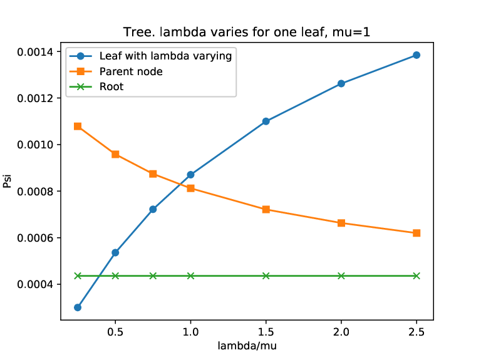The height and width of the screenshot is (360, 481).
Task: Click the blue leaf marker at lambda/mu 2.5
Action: (x=416, y=55)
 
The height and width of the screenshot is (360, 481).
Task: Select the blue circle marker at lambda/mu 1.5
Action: (x=266, y=121)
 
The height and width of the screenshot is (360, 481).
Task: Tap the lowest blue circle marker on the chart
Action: (x=78, y=307)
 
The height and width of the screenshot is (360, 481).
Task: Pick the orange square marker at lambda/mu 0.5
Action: (x=115, y=154)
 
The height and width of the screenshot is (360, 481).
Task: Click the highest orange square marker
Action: (x=78, y=126)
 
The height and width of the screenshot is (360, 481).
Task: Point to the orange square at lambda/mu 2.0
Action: (x=341, y=223)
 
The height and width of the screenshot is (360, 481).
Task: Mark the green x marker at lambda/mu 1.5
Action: (x=266, y=275)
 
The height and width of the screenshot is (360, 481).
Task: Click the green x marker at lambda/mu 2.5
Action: (x=416, y=275)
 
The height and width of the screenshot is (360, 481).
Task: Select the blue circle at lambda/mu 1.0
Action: (x=190, y=175)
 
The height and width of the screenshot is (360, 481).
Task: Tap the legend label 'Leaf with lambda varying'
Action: (x=165, y=56)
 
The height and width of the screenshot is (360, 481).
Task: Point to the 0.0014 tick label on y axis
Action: (x=35, y=52)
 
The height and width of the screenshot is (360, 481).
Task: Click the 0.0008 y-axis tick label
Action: (x=35, y=192)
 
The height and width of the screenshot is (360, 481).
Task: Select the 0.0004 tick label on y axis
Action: (x=35, y=285)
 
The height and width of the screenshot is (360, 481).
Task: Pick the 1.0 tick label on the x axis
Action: (x=190, y=332)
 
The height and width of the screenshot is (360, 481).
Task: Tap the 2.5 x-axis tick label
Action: (x=416, y=332)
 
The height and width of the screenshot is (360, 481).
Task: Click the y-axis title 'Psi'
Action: (x=7, y=181)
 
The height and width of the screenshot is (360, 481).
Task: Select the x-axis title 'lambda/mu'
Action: (x=247, y=346)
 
